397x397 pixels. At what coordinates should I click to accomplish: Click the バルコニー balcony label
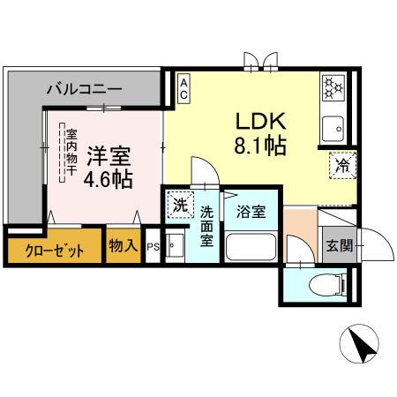(x=85, y=88)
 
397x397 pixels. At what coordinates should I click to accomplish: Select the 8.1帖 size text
(x=259, y=146)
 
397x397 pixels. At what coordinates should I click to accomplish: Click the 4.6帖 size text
(x=108, y=180)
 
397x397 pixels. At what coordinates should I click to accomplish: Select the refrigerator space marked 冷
(x=340, y=164)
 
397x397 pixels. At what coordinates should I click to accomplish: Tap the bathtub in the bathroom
(x=251, y=247)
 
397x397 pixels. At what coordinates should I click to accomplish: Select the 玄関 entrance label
(x=336, y=246)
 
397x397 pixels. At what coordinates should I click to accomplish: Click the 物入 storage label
(x=123, y=243)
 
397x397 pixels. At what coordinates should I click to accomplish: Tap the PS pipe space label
(x=152, y=247)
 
